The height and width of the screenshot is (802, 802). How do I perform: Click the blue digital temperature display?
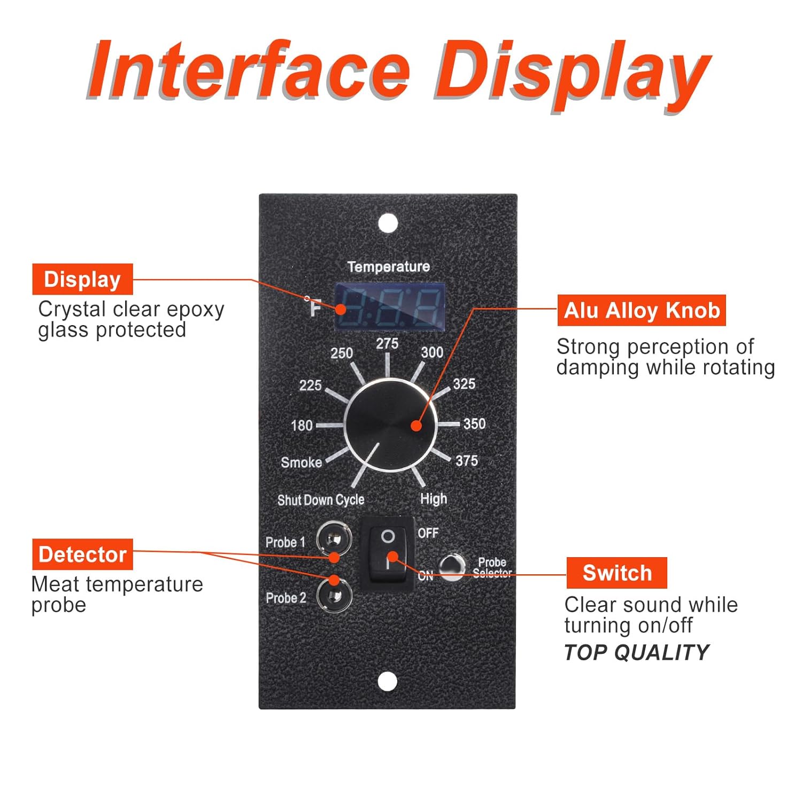coord(390,306)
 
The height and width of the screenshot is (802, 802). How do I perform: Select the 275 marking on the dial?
coord(387,344)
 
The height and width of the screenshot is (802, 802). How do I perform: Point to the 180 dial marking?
coord(302,426)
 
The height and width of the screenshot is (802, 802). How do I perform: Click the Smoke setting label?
coord(302,462)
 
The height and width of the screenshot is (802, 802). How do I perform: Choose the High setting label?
coord(433,498)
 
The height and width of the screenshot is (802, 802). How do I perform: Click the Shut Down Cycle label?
coord(321,500)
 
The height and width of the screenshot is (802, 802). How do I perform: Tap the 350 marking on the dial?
coord(474,424)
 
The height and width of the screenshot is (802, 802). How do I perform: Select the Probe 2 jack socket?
coord(334,595)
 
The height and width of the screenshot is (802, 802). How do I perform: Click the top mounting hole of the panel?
coord(388,222)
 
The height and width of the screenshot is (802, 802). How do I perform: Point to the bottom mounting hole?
coord(388,681)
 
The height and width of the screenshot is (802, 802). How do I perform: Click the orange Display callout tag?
coord(82,279)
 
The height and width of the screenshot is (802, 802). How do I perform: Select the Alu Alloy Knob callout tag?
coord(642,310)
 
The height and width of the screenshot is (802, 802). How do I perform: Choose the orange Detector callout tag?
coord(82,554)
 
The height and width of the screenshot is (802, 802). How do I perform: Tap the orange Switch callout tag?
coord(617,573)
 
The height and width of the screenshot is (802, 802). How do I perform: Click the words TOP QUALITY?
coord(636,652)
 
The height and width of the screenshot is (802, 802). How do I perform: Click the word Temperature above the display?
coord(389,266)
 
